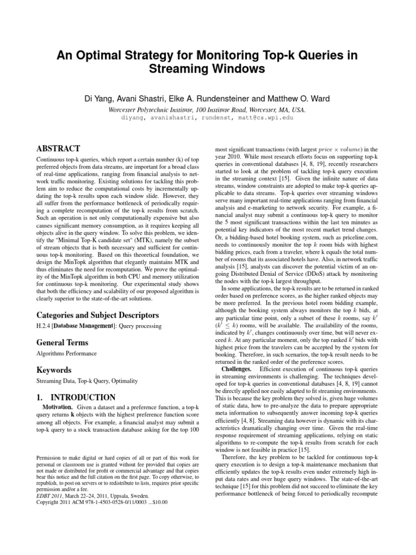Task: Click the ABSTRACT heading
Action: [58, 149]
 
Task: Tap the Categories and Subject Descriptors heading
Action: [97, 315]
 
